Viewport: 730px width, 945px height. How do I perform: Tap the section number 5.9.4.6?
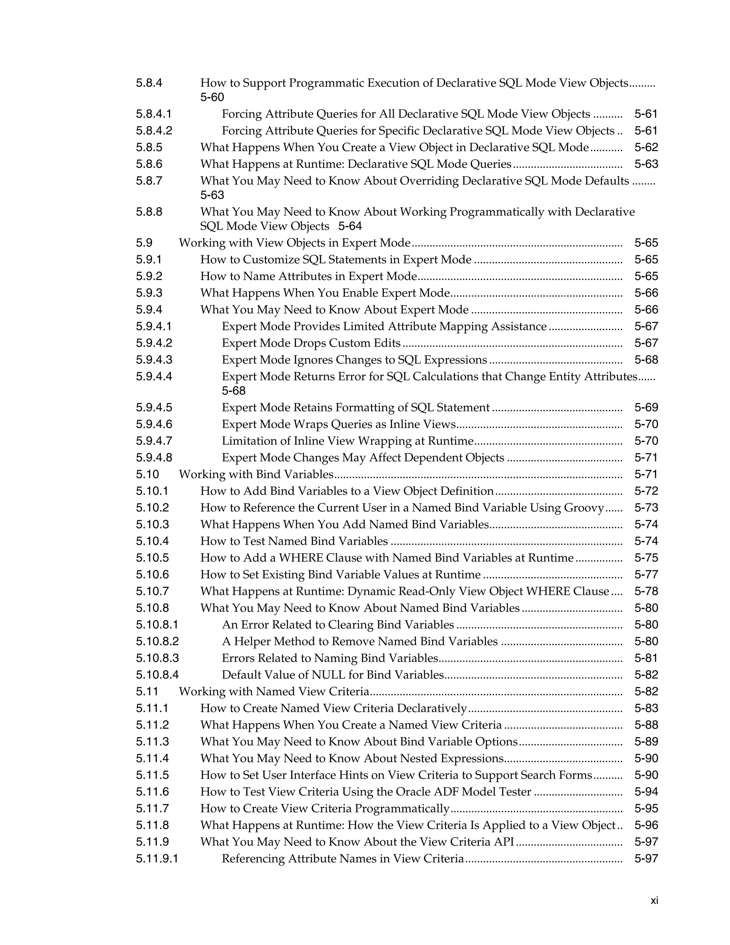[154, 424]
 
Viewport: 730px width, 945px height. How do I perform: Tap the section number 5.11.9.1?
[157, 858]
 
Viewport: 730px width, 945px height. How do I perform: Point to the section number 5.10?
[148, 474]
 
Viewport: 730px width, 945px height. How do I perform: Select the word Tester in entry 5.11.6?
[515, 791]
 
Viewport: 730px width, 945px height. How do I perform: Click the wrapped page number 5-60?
[212, 97]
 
